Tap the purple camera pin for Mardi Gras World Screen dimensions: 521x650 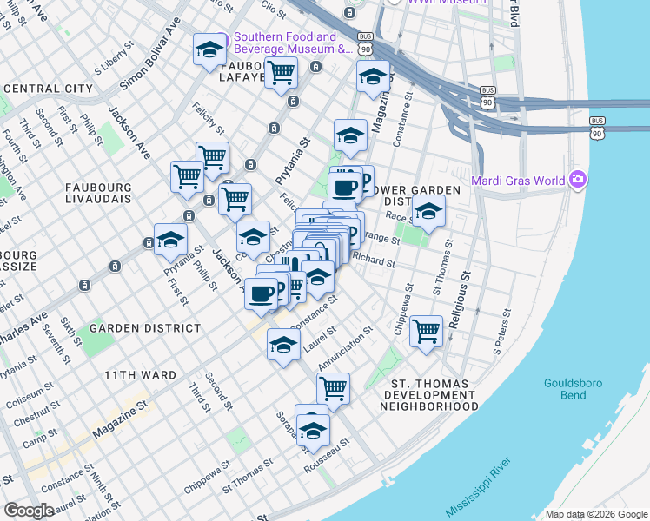pos(577,181)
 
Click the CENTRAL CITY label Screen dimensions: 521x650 pos(48,89)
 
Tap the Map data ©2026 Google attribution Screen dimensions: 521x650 pos(596,514)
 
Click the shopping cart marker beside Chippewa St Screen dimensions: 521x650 pos(426,331)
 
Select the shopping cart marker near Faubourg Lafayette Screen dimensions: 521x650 pos(281,75)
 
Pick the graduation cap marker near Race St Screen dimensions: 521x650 pos(428,211)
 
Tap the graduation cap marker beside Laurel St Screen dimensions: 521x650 pos(283,345)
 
